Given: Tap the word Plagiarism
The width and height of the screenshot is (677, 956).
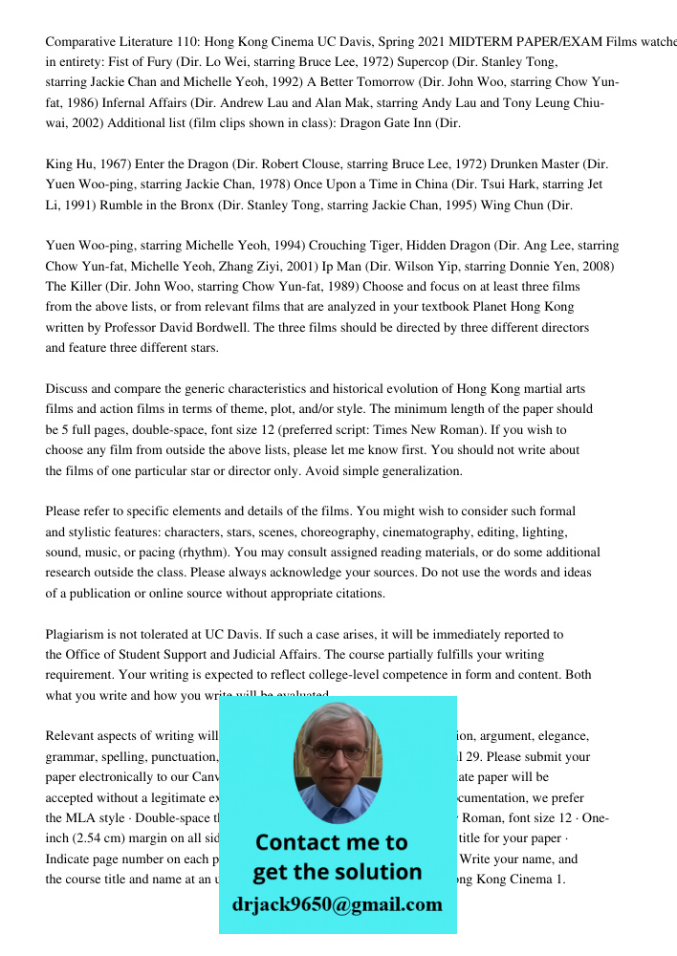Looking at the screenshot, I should (x=77, y=634).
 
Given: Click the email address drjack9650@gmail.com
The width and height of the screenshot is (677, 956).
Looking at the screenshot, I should (x=337, y=904).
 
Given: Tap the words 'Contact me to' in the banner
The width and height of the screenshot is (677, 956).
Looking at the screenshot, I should (x=332, y=842).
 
